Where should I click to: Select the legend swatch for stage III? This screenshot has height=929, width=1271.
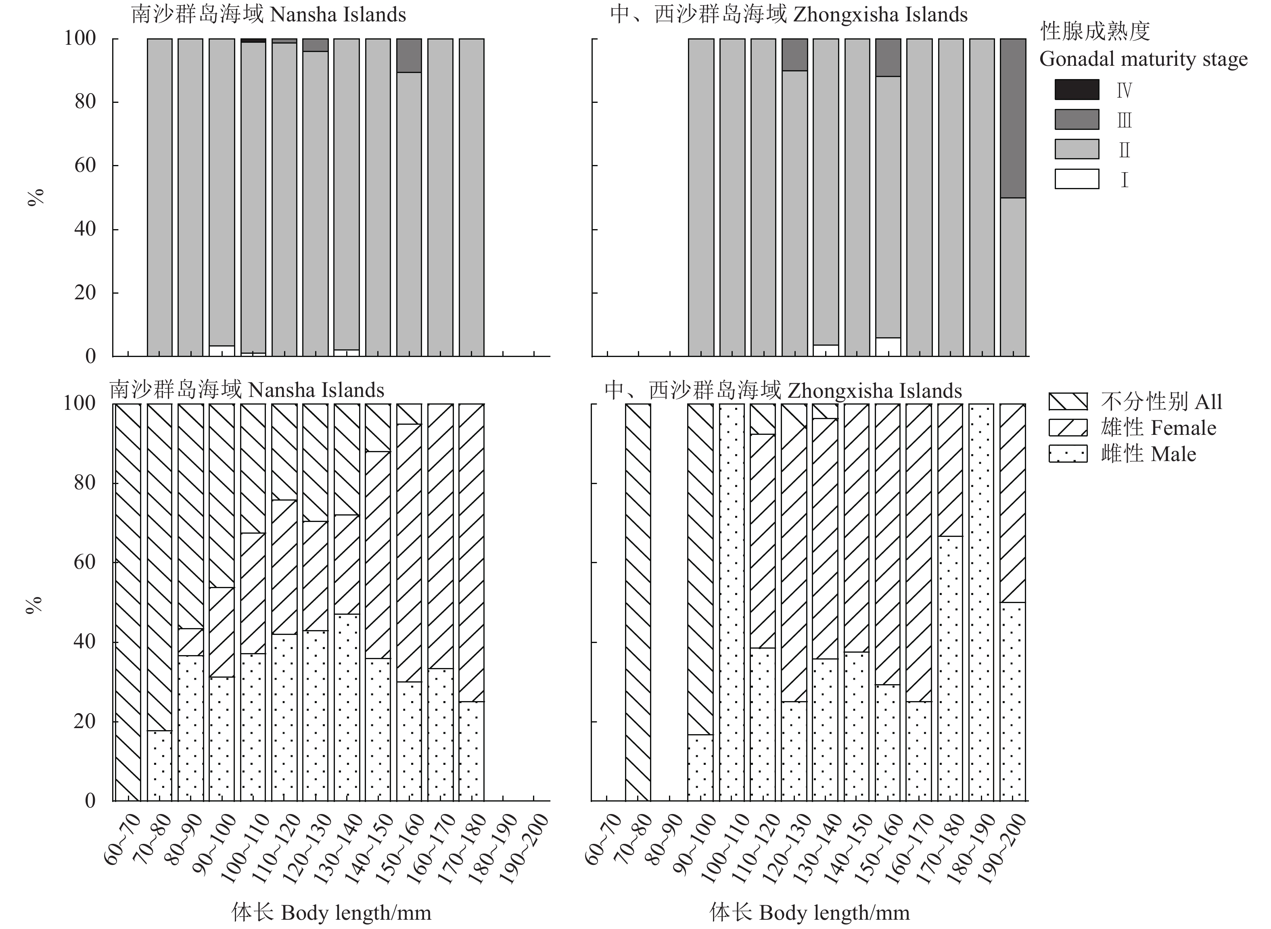[x=1077, y=119]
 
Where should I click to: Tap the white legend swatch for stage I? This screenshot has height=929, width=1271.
[x=1077, y=179]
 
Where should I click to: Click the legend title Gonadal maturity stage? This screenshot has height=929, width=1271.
[x=1143, y=59]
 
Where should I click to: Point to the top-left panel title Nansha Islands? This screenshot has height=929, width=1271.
[x=269, y=15]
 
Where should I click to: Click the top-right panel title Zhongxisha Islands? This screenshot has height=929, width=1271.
[x=788, y=15]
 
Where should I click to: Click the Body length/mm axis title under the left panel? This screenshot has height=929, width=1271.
[x=331, y=912]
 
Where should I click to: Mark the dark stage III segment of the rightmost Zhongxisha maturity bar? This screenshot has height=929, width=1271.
[x=1013, y=118]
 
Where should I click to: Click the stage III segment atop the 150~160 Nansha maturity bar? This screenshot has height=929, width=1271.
[x=409, y=56]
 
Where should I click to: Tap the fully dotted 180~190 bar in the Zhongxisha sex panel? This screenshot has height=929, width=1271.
[x=981, y=602]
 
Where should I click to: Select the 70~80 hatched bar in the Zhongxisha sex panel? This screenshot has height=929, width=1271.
[x=638, y=602]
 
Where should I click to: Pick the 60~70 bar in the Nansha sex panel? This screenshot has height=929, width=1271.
[x=128, y=602]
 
